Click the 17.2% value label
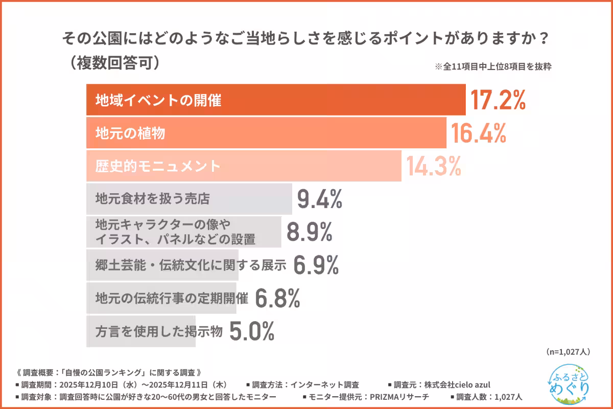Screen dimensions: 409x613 tap(498, 100)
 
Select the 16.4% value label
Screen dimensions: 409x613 tap(478, 133)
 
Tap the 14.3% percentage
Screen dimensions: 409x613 tap(433, 166)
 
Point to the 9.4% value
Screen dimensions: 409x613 tap(319, 199)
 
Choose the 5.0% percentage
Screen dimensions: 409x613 tap(252, 331)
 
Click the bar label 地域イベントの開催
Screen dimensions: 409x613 tap(158, 101)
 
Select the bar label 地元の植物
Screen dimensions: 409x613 tap(130, 133)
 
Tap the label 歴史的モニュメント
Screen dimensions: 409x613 tap(158, 166)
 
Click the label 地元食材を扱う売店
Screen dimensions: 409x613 tap(152, 199)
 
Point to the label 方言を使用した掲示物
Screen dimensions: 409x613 tap(159, 331)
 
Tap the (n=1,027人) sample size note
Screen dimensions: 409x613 tap(568, 352)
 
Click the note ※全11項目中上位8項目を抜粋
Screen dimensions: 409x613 tap(492, 66)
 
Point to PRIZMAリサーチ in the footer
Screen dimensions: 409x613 tap(399, 397)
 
